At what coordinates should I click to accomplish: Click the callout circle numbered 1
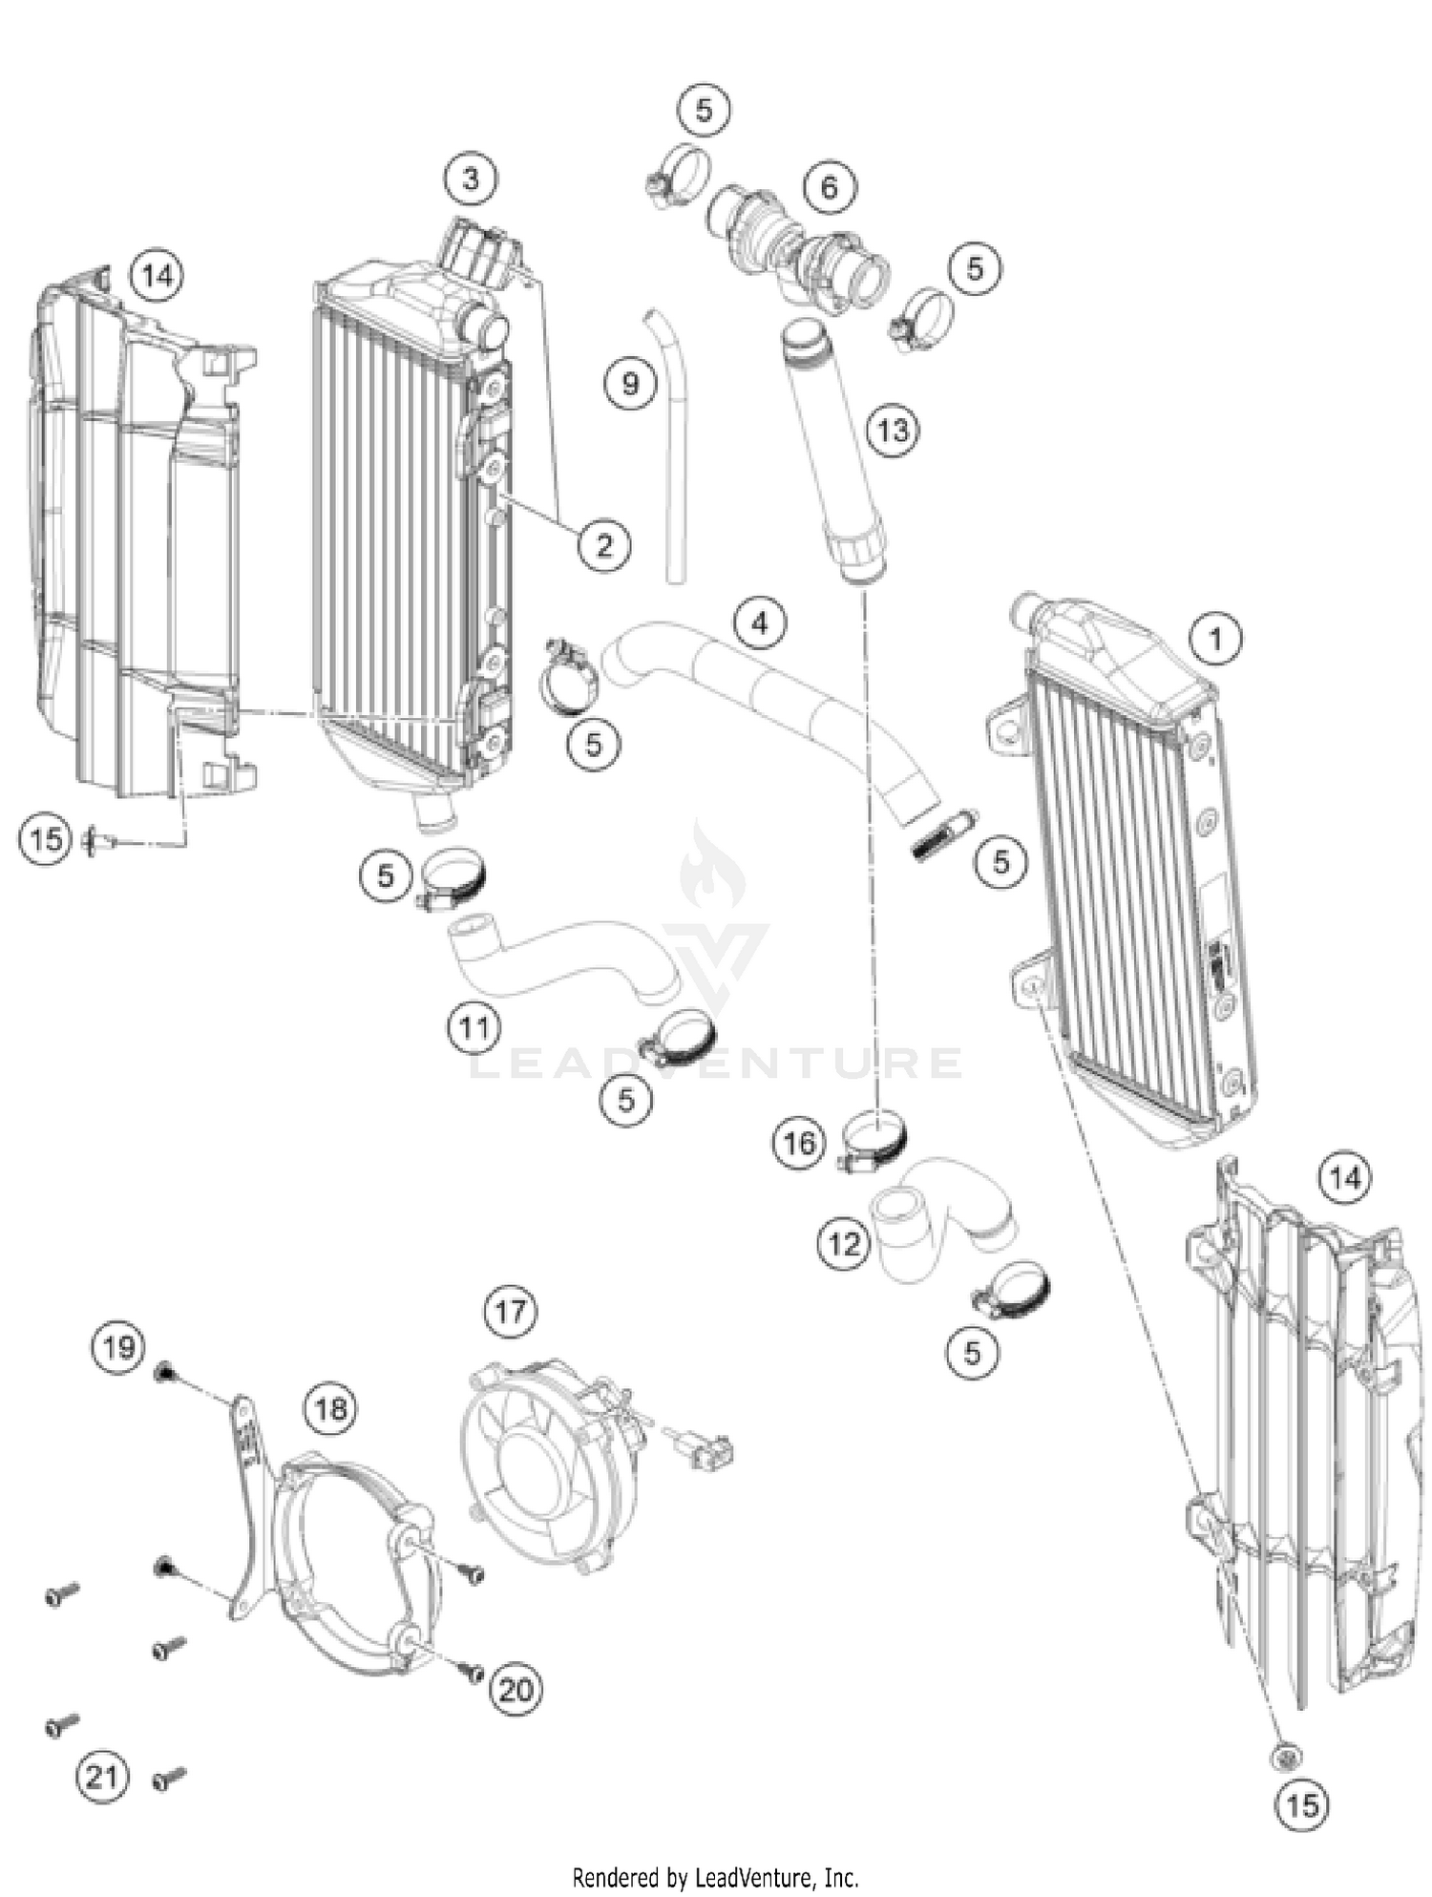coord(1215,638)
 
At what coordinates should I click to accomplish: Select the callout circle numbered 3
coord(471,178)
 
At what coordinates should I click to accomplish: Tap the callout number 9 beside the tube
coord(630,383)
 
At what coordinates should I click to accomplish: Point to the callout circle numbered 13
coord(893,430)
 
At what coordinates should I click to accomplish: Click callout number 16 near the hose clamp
coord(798,1142)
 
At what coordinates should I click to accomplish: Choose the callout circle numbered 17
coord(510,1311)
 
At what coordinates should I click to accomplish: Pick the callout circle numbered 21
coord(102,1777)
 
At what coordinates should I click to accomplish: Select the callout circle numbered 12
coord(844,1244)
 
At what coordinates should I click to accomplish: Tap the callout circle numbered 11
coord(474,1027)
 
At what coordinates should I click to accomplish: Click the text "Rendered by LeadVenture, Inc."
coord(715,1877)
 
